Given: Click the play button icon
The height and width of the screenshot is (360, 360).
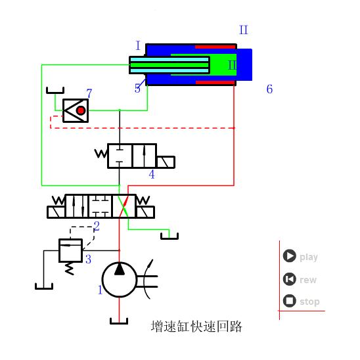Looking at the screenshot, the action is (x=289, y=256).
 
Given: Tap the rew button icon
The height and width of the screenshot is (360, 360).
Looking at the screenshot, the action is (x=289, y=279).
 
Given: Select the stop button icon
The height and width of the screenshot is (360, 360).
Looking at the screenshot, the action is (x=289, y=301).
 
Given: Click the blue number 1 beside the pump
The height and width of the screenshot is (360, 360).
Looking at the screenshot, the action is (x=100, y=290).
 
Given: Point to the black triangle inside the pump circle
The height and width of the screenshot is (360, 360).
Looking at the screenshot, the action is (x=120, y=269).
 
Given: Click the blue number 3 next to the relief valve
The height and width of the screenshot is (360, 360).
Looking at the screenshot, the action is (x=89, y=259).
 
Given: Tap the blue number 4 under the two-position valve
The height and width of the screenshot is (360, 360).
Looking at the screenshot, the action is (x=152, y=175).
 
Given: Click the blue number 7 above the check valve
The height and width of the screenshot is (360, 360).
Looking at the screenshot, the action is (x=89, y=93).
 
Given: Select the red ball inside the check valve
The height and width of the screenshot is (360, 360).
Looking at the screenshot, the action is (x=81, y=110).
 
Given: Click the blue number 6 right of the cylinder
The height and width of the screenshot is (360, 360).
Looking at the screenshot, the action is (x=269, y=89).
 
